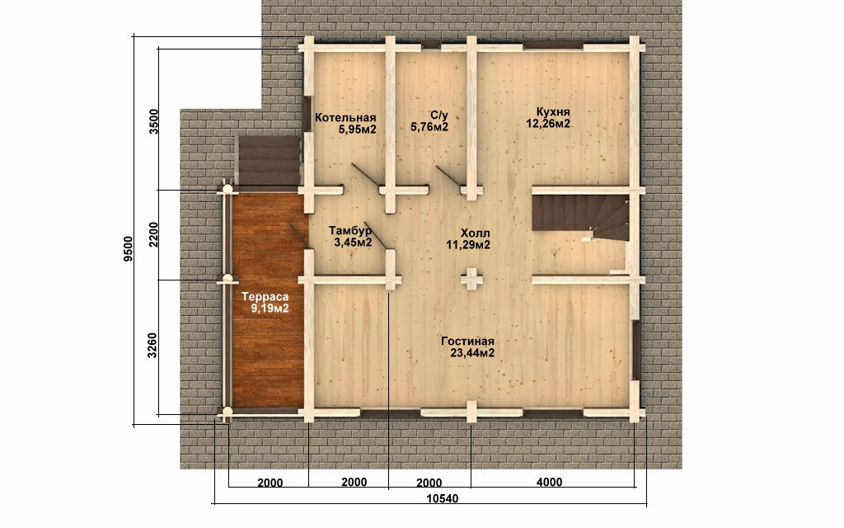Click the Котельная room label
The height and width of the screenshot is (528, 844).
point(345,118)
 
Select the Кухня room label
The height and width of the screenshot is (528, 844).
point(553,112)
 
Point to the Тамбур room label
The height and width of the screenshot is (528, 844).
point(350,231)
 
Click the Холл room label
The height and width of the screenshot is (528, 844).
point(476,233)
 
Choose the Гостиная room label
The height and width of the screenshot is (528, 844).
point(467,342)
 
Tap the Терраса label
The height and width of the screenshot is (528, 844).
point(265,297)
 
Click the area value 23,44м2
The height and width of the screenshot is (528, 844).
point(472,353)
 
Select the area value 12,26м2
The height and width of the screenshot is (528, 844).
point(548,124)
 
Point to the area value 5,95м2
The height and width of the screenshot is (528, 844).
point(357,130)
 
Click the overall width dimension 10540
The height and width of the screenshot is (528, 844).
point(443,498)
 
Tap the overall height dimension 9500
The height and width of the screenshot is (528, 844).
point(128,249)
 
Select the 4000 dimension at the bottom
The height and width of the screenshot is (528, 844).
point(549,482)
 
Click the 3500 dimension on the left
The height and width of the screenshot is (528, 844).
point(154,122)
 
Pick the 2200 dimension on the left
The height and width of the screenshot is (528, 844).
point(154,234)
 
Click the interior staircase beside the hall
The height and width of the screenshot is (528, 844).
point(580,218)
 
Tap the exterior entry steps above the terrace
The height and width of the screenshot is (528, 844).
point(268,160)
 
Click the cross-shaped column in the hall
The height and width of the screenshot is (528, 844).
point(471,279)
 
